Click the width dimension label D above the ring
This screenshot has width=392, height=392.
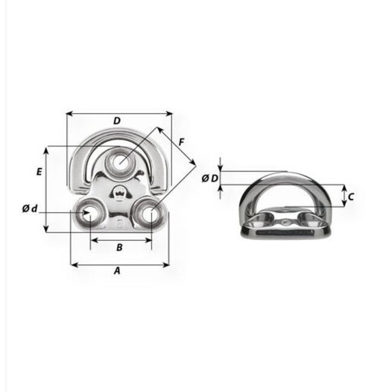point(117,121)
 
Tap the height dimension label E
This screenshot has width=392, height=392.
point(39,171)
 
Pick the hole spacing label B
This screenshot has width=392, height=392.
point(119,247)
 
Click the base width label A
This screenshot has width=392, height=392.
point(118,271)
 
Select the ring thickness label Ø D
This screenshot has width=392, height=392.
point(210,179)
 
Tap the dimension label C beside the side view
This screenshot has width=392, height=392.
point(350,195)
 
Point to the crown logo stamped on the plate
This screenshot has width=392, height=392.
point(119,194)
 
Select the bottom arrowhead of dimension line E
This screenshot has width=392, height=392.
point(46,230)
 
